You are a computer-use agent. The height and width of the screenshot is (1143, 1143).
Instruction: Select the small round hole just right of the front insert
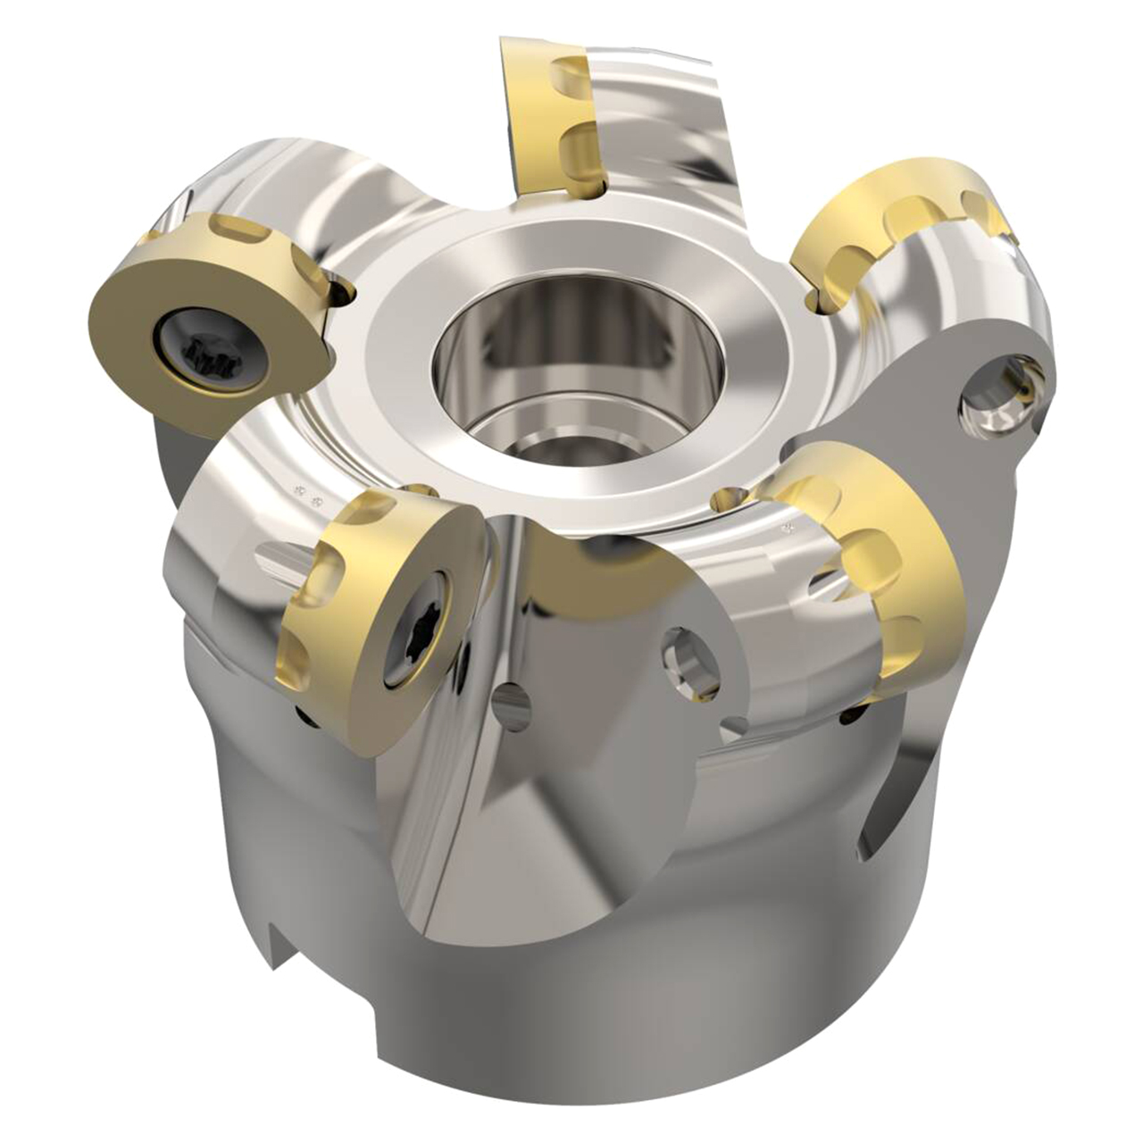pyautogui.click(x=512, y=705)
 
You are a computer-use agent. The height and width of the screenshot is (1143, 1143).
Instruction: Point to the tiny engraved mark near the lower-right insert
pyautogui.click(x=789, y=528)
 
